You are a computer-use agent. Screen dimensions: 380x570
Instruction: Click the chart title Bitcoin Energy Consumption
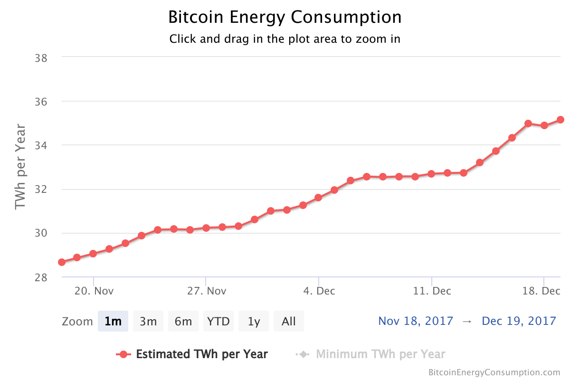click(x=285, y=18)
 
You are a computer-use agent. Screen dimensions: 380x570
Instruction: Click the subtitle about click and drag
click(x=285, y=39)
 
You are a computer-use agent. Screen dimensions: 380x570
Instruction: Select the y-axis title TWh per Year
click(x=20, y=166)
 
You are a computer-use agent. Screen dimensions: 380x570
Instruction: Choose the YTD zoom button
click(x=218, y=322)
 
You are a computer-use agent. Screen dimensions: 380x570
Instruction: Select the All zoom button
click(x=289, y=322)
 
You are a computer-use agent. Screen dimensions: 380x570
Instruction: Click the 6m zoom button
click(x=183, y=322)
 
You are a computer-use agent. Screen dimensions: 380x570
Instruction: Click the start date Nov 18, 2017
click(x=416, y=321)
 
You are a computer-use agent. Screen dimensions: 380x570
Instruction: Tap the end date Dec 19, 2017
click(x=519, y=321)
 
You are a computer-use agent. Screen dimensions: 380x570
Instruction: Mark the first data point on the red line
click(x=62, y=262)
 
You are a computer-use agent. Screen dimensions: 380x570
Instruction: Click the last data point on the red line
click(x=560, y=120)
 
